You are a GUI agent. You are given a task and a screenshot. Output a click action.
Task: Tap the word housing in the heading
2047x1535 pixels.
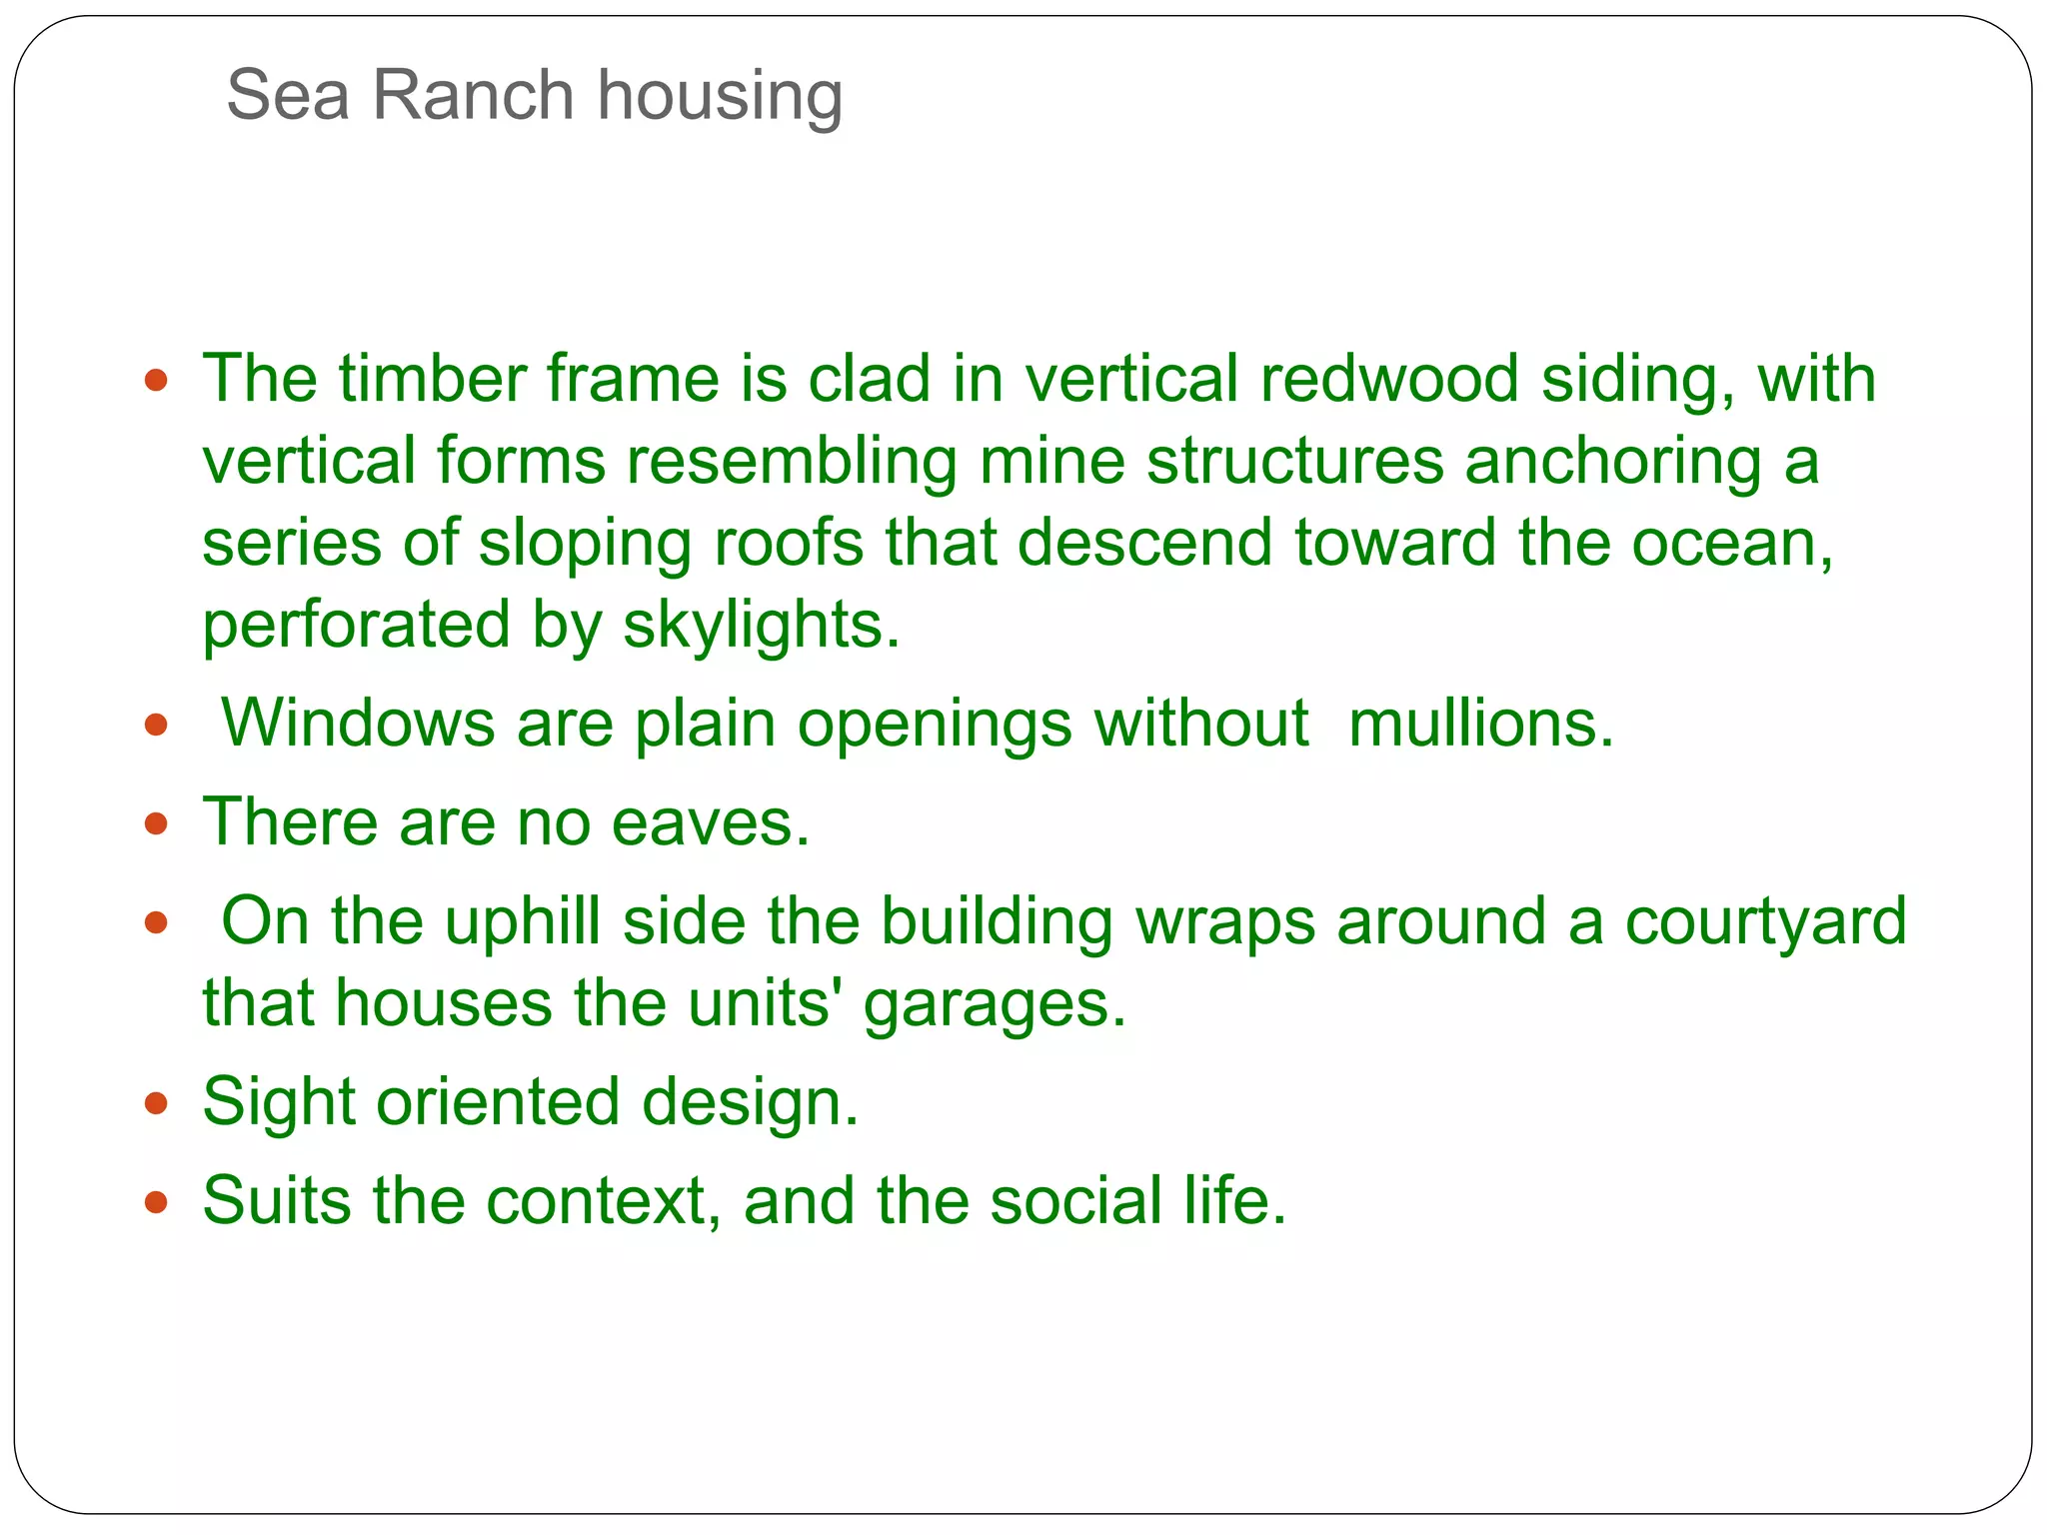click(720, 98)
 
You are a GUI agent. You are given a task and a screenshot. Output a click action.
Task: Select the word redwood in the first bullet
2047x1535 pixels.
click(1389, 380)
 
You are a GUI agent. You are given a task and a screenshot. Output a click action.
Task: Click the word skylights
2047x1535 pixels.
click(762, 626)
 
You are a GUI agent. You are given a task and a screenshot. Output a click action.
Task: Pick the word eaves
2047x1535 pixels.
click(710, 822)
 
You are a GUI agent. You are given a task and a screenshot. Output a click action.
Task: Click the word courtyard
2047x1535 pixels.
click(1765, 921)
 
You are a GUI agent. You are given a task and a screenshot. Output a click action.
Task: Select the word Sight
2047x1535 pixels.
click(279, 1102)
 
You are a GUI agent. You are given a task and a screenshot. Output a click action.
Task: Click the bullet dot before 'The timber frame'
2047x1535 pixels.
click(156, 381)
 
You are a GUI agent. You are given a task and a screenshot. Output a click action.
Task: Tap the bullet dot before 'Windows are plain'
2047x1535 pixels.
click(156, 725)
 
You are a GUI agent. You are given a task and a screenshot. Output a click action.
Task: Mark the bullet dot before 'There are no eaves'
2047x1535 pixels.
click(156, 823)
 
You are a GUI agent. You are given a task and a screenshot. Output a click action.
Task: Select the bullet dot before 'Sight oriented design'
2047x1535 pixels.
click(156, 1103)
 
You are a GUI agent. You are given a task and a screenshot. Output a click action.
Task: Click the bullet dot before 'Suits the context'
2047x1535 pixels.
click(156, 1201)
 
